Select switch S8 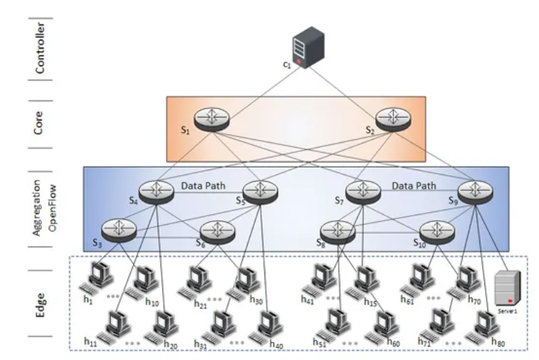[337, 230]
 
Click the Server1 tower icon [510, 288]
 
